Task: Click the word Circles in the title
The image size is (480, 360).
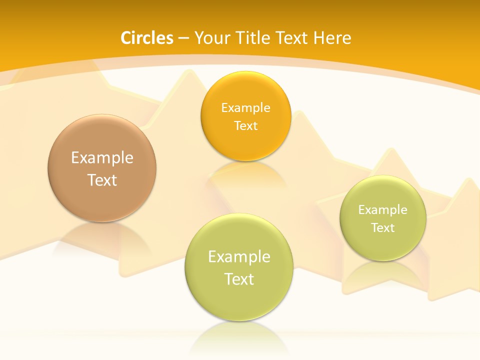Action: point(147,38)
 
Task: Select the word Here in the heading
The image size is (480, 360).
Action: point(332,38)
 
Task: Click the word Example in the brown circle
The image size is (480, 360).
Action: point(102,158)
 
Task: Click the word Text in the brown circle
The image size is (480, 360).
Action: point(102,180)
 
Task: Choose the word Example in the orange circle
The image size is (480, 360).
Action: point(245,107)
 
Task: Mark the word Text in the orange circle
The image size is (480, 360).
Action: point(245,125)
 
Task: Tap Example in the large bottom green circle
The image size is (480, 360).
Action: point(239,257)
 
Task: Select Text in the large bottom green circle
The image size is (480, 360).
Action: point(239,279)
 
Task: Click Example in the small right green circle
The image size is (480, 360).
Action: point(383,210)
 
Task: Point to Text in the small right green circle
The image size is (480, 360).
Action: point(383,228)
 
